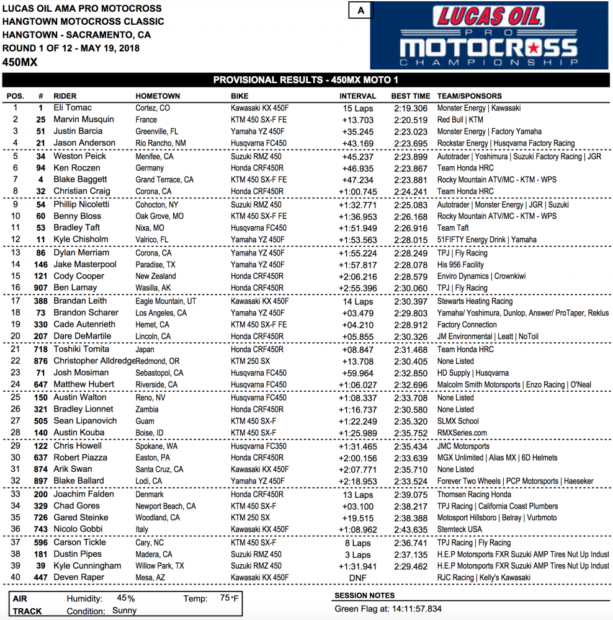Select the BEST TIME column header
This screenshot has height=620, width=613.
tap(410, 96)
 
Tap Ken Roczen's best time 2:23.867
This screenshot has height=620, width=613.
tap(411, 168)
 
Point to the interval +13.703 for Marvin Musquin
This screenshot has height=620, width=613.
tap(357, 120)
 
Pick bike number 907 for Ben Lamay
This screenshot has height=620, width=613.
tap(40, 288)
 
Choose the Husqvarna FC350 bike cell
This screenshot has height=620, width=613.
tap(259, 446)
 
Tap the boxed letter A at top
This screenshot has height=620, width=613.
tap(361, 11)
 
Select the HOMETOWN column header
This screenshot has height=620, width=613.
tap(158, 96)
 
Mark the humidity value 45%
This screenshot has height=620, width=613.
tap(126, 598)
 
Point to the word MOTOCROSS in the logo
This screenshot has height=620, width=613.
tap(488, 48)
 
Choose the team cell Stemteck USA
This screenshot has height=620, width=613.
tap(459, 529)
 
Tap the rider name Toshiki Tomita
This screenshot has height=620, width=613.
tap(81, 349)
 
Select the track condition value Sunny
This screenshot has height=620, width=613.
tap(124, 610)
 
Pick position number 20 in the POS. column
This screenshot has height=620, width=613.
tap(15, 336)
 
